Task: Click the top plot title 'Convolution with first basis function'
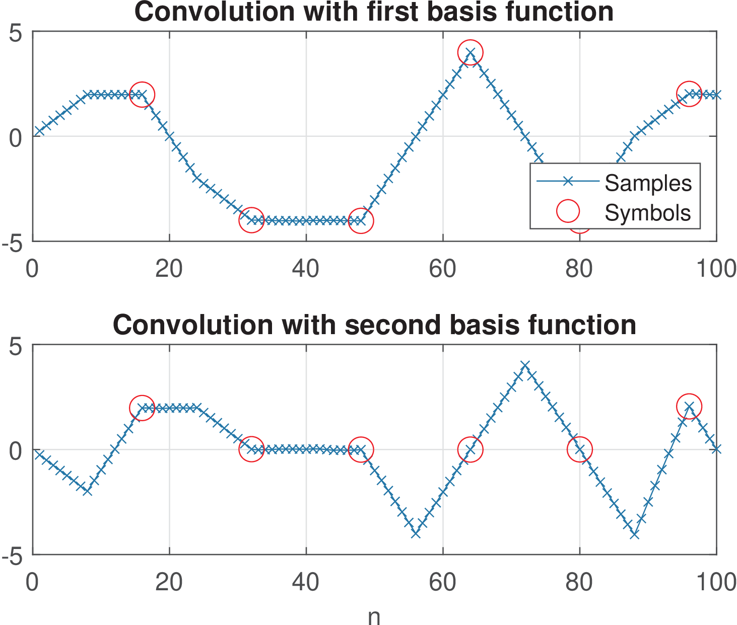pyautogui.click(x=374, y=12)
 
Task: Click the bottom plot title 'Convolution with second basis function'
pyautogui.click(x=374, y=325)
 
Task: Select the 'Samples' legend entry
pyautogui.click(x=648, y=183)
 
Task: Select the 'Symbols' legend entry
pyautogui.click(x=647, y=212)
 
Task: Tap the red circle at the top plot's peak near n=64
pyautogui.click(x=470, y=52)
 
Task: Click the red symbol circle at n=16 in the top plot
pyautogui.click(x=142, y=94)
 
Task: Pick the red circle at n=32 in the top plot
pyautogui.click(x=251, y=220)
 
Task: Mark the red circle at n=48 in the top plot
pyautogui.click(x=361, y=220)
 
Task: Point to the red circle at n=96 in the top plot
pyautogui.click(x=689, y=94)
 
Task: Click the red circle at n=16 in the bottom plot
pyautogui.click(x=142, y=408)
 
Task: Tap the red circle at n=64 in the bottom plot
pyautogui.click(x=470, y=449)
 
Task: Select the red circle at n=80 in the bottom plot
pyautogui.click(x=579, y=449)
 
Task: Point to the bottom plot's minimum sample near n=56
pyautogui.click(x=416, y=533)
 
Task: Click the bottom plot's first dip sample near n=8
pyautogui.click(x=88, y=491)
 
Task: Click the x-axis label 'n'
pyautogui.click(x=374, y=616)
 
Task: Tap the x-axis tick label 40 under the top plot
pyautogui.click(x=305, y=269)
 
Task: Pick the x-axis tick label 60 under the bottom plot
pyautogui.click(x=442, y=582)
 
